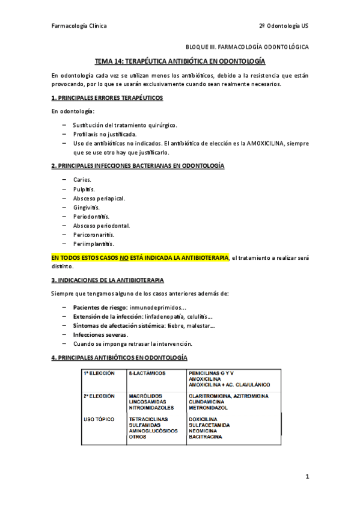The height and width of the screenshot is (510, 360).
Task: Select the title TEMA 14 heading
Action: (x=180, y=61)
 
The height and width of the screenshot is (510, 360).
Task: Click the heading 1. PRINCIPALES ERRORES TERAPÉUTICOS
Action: (x=107, y=97)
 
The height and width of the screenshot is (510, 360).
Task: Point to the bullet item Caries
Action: (x=82, y=179)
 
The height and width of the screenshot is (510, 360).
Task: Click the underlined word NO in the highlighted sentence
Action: (x=124, y=258)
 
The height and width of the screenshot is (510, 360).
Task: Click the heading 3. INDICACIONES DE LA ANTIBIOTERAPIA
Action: (x=108, y=280)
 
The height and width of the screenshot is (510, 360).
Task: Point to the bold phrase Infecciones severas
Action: (x=100, y=334)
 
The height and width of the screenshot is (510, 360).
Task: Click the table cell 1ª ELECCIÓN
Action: (x=99, y=373)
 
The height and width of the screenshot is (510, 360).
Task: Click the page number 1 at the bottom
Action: (x=307, y=477)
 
